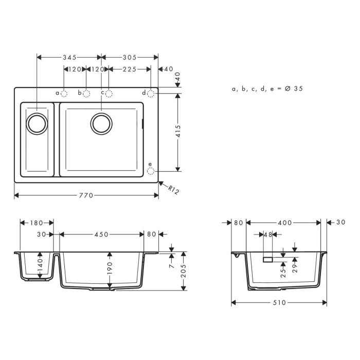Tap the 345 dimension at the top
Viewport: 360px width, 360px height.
point(69,57)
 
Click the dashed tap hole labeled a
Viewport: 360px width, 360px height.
point(64,93)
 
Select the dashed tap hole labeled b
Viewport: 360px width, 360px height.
point(86,93)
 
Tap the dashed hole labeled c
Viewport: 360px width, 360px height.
point(109,93)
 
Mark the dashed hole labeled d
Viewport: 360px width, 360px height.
point(151,93)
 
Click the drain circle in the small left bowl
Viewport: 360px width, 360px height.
point(37,123)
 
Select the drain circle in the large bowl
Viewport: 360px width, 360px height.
point(101,123)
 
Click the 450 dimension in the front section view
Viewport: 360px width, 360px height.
point(101,235)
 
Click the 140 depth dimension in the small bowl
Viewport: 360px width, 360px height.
point(41,266)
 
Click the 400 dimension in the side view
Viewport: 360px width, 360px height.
point(284,223)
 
